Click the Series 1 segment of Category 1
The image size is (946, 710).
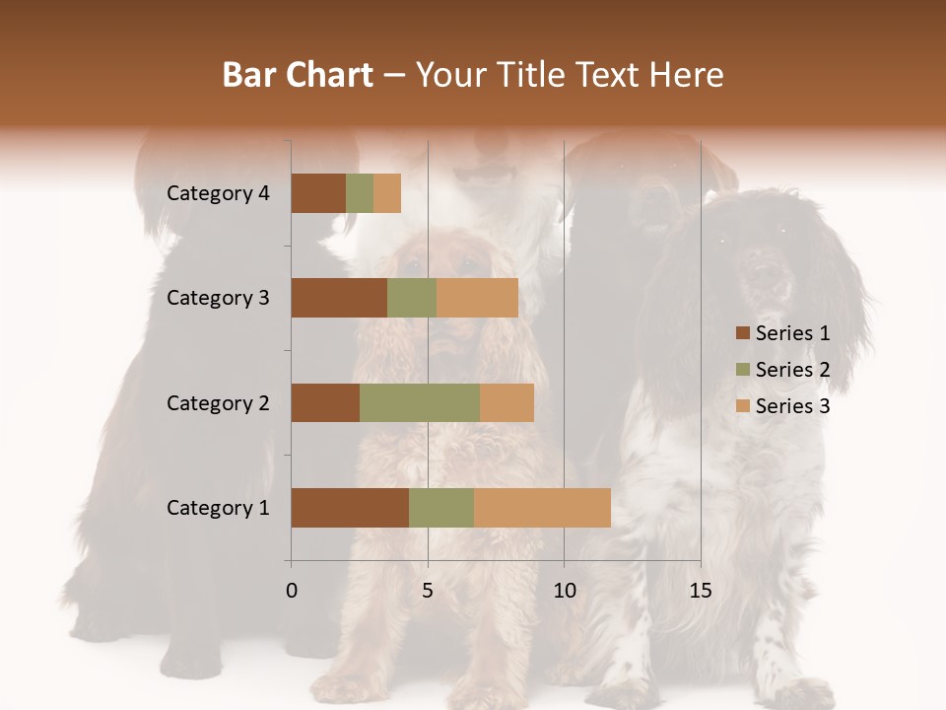[x=350, y=508]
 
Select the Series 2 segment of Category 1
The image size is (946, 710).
[x=441, y=508]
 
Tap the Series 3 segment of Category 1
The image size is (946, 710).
[x=542, y=508]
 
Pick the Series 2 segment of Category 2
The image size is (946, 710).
[x=420, y=402]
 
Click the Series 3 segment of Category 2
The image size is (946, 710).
[x=507, y=402]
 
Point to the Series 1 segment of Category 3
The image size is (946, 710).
[x=339, y=298]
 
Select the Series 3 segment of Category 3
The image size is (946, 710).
[x=477, y=298]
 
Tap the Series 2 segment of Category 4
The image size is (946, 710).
[x=360, y=193]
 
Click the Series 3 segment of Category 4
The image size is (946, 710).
[x=387, y=193]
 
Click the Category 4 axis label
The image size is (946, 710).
[x=218, y=193]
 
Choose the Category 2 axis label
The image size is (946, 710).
[x=218, y=402]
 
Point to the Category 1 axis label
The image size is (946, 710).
[x=218, y=508]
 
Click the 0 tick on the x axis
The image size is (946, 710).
[x=292, y=590]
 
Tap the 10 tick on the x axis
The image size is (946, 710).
[x=564, y=590]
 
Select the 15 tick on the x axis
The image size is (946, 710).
[x=701, y=590]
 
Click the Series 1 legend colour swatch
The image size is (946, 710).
[x=742, y=333]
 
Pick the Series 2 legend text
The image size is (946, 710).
[x=792, y=370]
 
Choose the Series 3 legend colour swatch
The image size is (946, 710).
[x=742, y=406]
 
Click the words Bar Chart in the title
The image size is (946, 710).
[x=298, y=75]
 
